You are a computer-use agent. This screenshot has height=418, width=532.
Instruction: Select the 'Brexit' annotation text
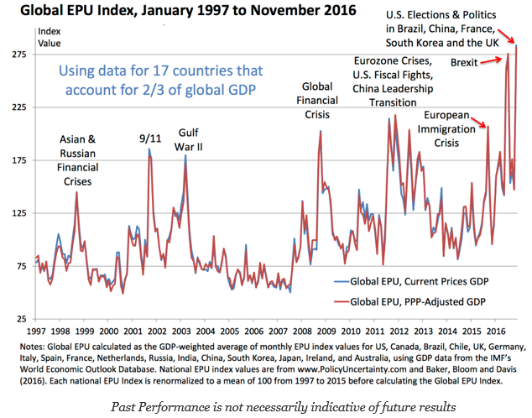[466, 62]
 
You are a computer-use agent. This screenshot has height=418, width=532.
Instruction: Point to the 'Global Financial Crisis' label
[317, 98]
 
